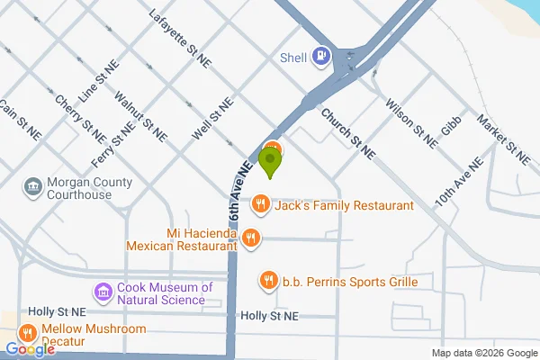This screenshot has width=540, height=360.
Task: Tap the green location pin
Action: (x=269, y=162)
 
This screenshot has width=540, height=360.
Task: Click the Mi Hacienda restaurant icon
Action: (x=250, y=238)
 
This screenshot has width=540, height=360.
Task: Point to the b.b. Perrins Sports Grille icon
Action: (x=267, y=281)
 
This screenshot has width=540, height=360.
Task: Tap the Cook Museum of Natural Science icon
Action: (x=102, y=292)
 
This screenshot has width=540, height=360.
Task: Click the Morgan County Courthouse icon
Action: (x=33, y=187)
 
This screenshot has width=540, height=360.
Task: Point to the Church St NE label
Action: (x=346, y=130)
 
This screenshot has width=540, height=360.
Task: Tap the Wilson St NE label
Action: (x=411, y=123)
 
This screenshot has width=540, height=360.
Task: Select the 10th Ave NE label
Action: (x=458, y=182)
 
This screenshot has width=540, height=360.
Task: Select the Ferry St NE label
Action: (x=113, y=145)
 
